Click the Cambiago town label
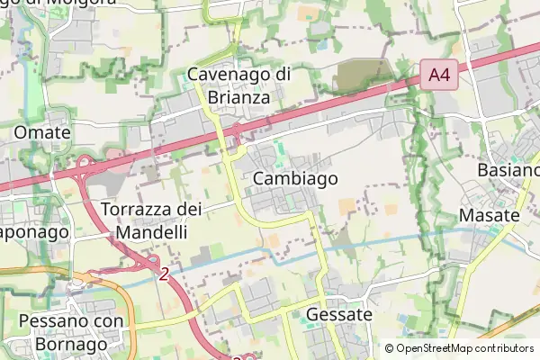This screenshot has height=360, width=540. click(x=295, y=178)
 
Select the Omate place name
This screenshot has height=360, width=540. click(x=42, y=132)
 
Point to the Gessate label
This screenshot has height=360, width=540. click(x=338, y=315)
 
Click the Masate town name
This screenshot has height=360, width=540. click(x=489, y=215)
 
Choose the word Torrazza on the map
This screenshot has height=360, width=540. click(x=136, y=210)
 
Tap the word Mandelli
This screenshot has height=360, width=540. click(x=151, y=231)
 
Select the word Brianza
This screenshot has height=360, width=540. click(x=238, y=96)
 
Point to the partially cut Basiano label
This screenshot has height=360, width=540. click(x=508, y=170)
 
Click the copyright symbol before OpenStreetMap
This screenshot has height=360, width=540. click(x=389, y=347)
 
